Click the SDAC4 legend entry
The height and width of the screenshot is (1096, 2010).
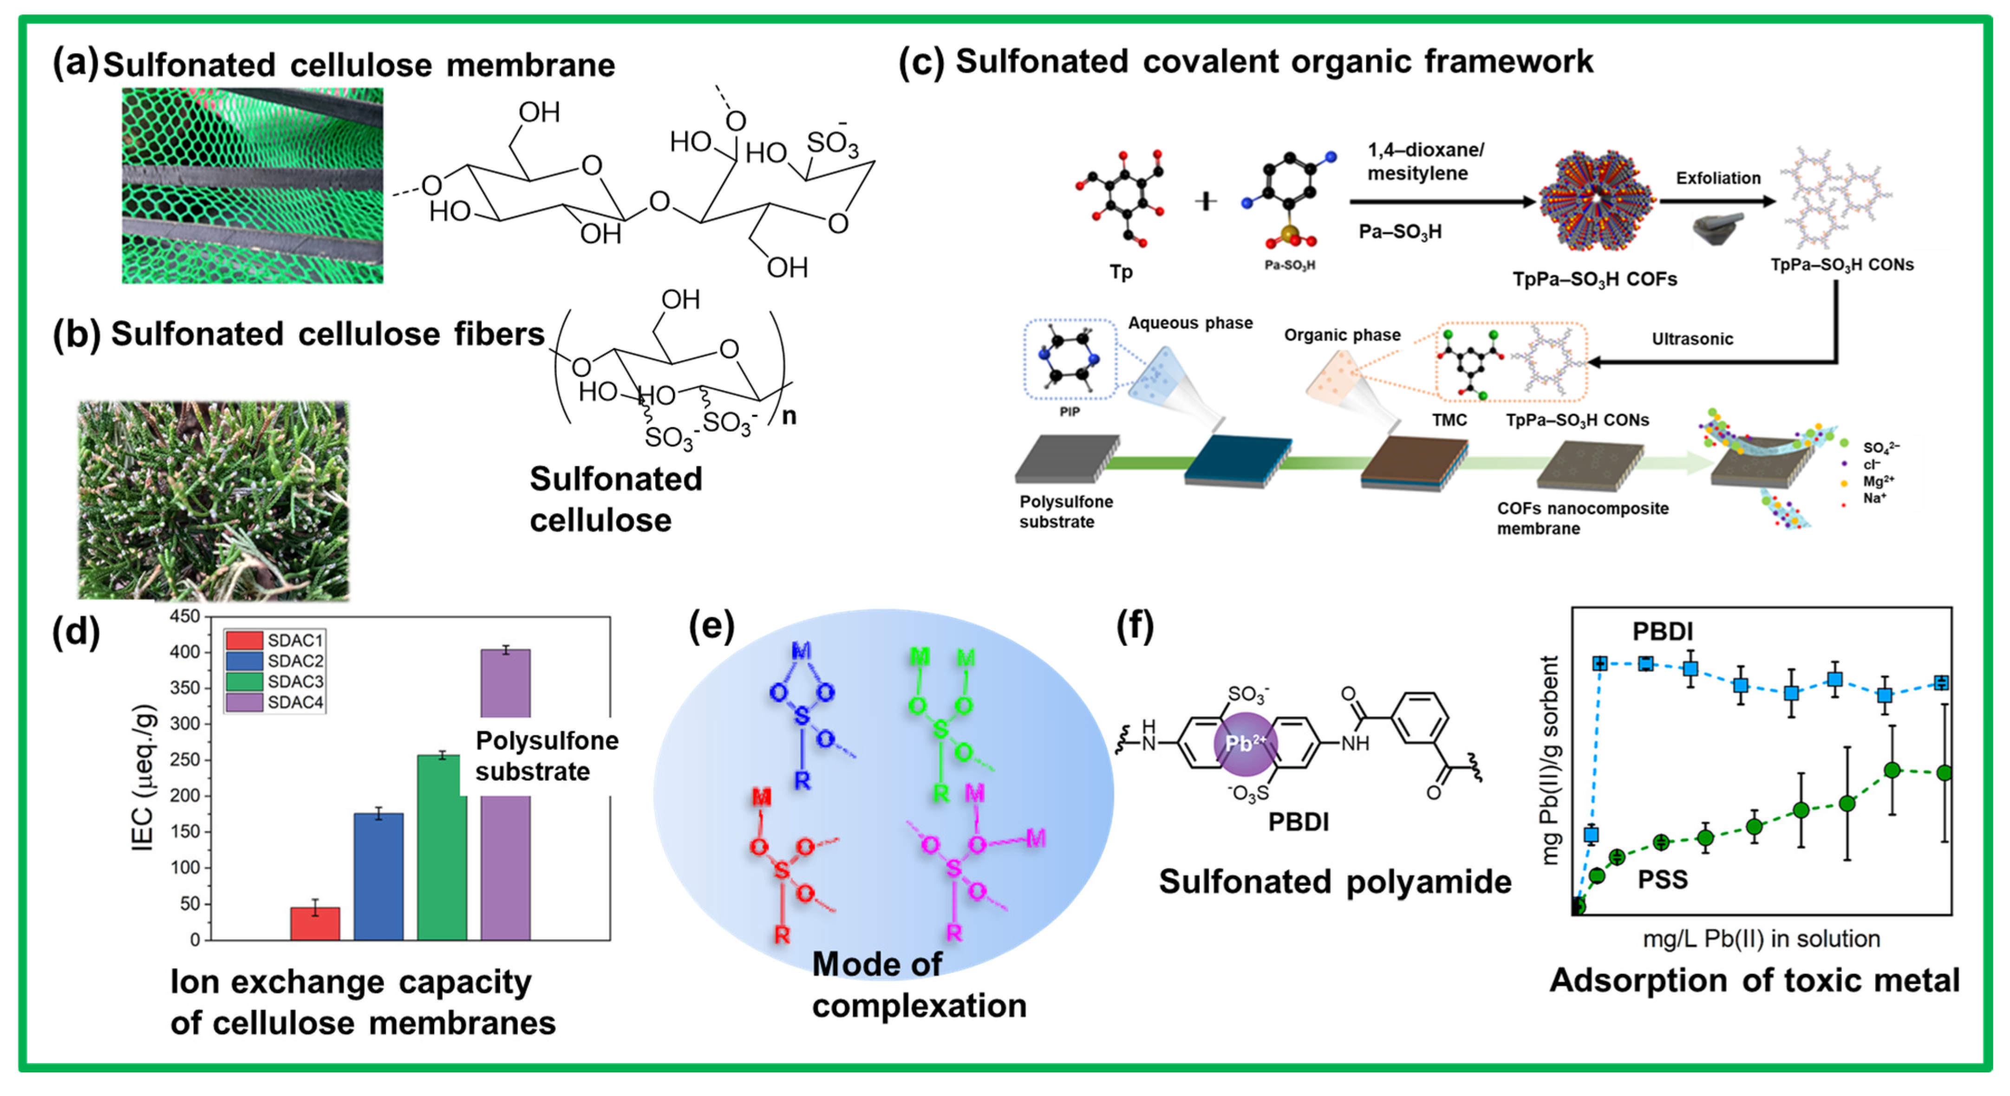pyautogui.click(x=274, y=702)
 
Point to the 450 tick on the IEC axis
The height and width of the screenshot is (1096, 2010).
pyautogui.click(x=186, y=616)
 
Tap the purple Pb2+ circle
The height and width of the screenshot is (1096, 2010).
pyautogui.click(x=1246, y=743)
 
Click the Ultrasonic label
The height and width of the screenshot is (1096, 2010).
pyautogui.click(x=1692, y=338)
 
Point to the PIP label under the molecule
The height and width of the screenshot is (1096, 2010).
pyautogui.click(x=1069, y=412)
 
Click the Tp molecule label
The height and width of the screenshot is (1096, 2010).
pyautogui.click(x=1121, y=272)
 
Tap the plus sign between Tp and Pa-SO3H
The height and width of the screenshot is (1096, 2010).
pyautogui.click(x=1206, y=201)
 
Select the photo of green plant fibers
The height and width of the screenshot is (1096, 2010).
pyautogui.click(x=213, y=500)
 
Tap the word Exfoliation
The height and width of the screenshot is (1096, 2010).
pyautogui.click(x=1718, y=178)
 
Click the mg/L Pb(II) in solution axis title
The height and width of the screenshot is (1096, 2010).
pyautogui.click(x=1761, y=939)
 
